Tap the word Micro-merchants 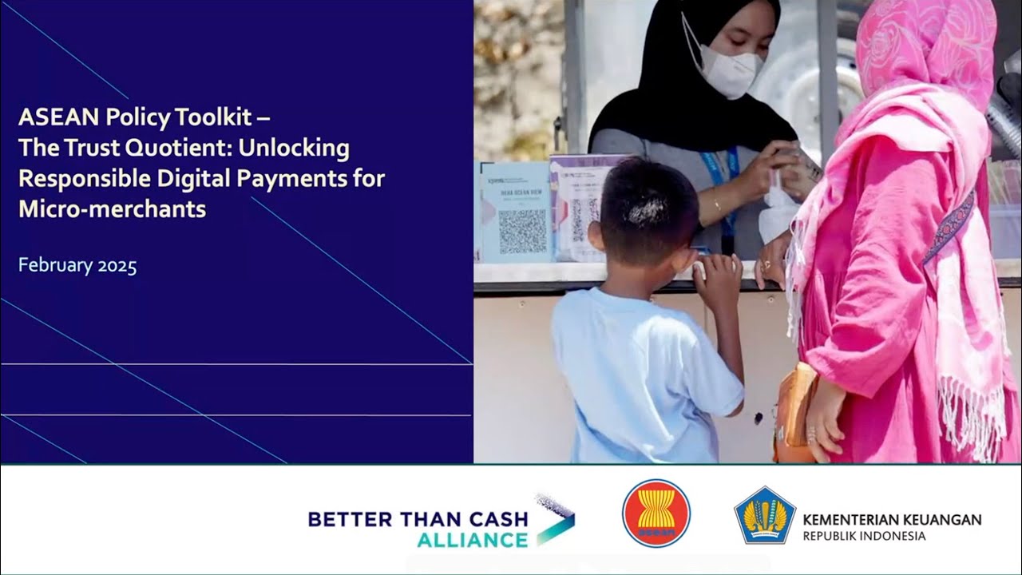pyautogui.click(x=112, y=209)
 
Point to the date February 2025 pyautogui.click(x=77, y=266)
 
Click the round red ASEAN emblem pyautogui.click(x=656, y=513)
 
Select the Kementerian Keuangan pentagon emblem pyautogui.click(x=764, y=515)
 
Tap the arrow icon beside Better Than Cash pyautogui.click(x=554, y=521)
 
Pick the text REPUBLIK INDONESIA pyautogui.click(x=864, y=536)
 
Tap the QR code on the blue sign pyautogui.click(x=522, y=232)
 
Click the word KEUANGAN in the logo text pyautogui.click(x=941, y=520)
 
